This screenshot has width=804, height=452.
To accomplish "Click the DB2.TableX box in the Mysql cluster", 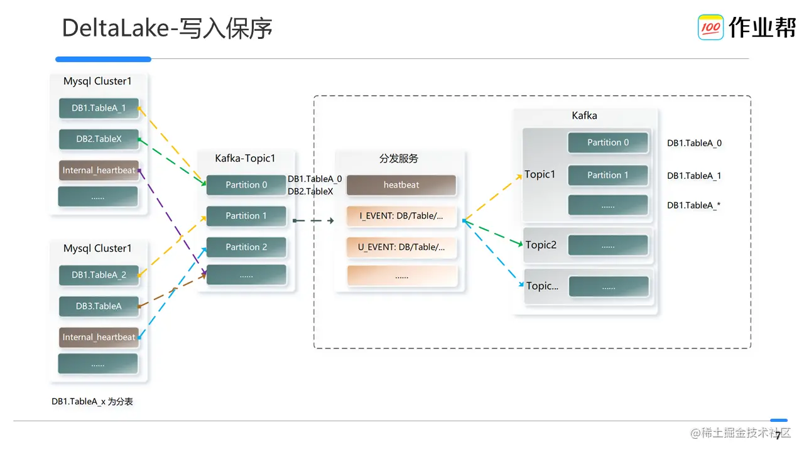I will pos(99,139).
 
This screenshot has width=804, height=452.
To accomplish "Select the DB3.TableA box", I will pos(99,306).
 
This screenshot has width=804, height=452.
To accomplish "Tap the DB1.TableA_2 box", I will pos(99,275).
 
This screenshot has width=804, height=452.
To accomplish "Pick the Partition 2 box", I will pos(246,247).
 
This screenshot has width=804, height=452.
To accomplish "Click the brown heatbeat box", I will pos(401,185).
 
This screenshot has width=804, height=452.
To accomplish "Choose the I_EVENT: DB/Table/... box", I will pos(401,216).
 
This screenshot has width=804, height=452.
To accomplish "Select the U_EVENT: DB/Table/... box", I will pos(401,247).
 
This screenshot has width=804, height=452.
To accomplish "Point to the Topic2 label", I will pos(541,245).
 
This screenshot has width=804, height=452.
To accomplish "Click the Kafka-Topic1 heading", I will pos(245,159).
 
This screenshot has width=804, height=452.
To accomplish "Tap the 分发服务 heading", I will pos(399,159).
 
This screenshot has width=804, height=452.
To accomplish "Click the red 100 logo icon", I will pos(710,28).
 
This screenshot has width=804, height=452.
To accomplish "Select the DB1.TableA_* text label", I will pos(693,205).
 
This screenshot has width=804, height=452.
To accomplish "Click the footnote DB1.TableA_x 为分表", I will pos(92,402).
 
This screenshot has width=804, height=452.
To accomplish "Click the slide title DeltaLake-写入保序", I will pos(167,29).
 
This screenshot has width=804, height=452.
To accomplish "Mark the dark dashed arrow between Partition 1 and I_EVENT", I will pos(313,220).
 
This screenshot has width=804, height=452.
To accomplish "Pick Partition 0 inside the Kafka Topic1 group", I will pos(607,143).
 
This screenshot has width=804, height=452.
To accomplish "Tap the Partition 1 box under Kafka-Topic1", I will pos(246,216).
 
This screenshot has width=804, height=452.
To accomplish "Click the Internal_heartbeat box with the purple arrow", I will pos(99,170).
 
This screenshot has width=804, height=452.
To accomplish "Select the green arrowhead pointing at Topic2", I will pos(519,243).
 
